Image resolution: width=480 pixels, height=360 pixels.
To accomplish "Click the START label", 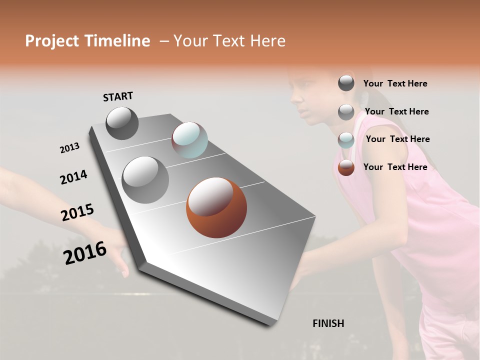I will tap(118, 96).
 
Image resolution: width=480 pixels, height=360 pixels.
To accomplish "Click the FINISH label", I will tap(328, 323).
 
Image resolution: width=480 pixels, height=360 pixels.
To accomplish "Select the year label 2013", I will tap(69, 148).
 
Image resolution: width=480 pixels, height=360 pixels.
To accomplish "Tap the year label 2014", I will tap(73, 177).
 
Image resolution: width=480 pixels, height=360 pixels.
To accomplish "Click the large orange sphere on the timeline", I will tap(216, 207).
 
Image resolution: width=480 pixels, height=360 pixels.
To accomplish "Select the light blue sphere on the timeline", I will tap(189, 140).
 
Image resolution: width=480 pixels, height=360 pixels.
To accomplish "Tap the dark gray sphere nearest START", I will tap(122, 123).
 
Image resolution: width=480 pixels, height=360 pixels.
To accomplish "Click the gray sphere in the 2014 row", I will tap(145, 179).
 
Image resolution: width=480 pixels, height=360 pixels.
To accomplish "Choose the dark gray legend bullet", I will tap(346, 83).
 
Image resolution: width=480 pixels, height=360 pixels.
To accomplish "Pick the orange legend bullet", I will tap(346, 167).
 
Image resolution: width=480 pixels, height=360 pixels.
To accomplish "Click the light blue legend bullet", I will tap(346, 140).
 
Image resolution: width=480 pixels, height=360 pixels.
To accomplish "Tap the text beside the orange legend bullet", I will tap(395, 167).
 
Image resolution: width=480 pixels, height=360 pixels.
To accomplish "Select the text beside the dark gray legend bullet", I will tap(395, 83).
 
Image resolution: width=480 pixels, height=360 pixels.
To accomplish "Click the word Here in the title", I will tap(265, 41).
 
